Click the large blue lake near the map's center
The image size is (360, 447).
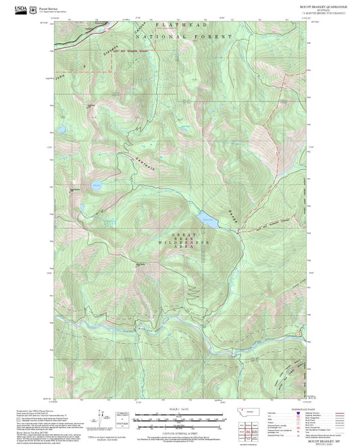[x=208, y=218]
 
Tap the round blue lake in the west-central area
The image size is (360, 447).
[x=97, y=183]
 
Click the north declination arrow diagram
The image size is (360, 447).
[x=102, y=417]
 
